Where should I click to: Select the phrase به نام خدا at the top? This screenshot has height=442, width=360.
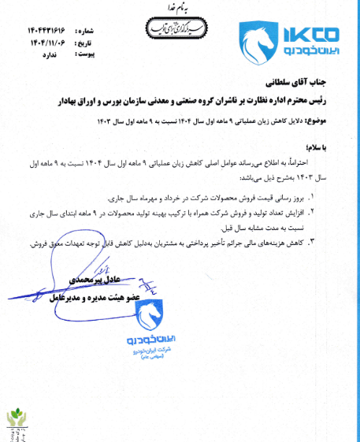click(x=180, y=9)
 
